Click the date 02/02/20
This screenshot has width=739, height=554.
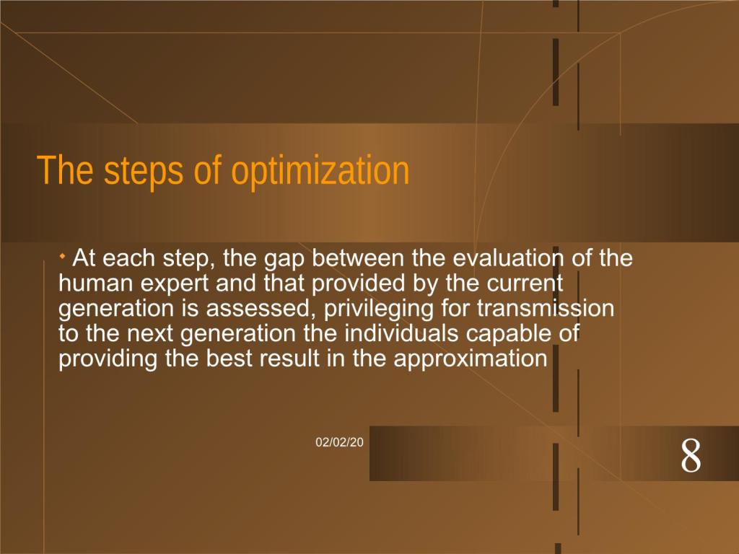tap(339, 442)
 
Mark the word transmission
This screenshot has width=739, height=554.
tap(546, 308)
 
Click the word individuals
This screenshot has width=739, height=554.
tap(401, 333)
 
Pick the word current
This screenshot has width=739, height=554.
tap(525, 283)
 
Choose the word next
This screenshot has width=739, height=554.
tap(150, 334)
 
